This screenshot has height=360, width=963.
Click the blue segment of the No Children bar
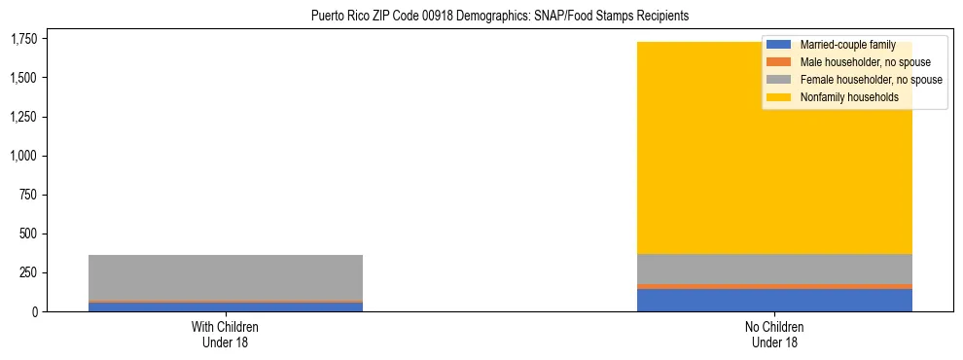774,300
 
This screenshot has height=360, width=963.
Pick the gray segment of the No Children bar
774,269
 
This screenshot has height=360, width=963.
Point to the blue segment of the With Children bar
225,306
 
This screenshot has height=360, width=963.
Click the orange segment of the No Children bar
774,286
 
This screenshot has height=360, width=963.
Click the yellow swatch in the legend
779,97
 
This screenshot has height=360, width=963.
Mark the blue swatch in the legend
779,46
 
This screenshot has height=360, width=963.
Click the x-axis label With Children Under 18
225,334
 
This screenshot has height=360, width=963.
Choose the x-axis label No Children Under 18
774,334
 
